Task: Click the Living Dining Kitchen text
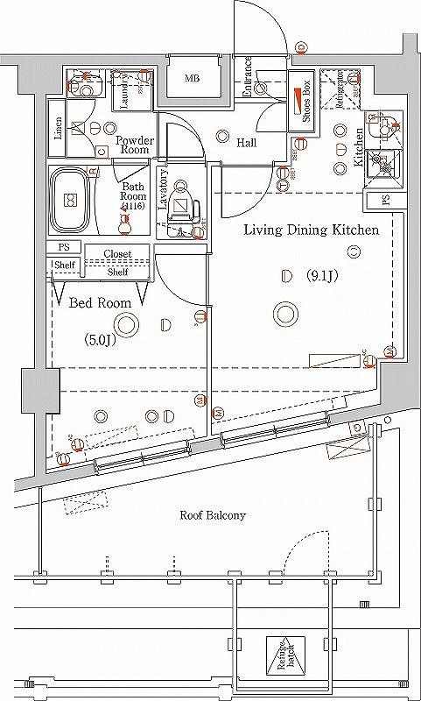click(x=310, y=230)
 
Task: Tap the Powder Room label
click(x=136, y=145)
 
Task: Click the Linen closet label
click(x=57, y=128)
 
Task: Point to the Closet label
click(x=117, y=254)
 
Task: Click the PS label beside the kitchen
click(x=386, y=201)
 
